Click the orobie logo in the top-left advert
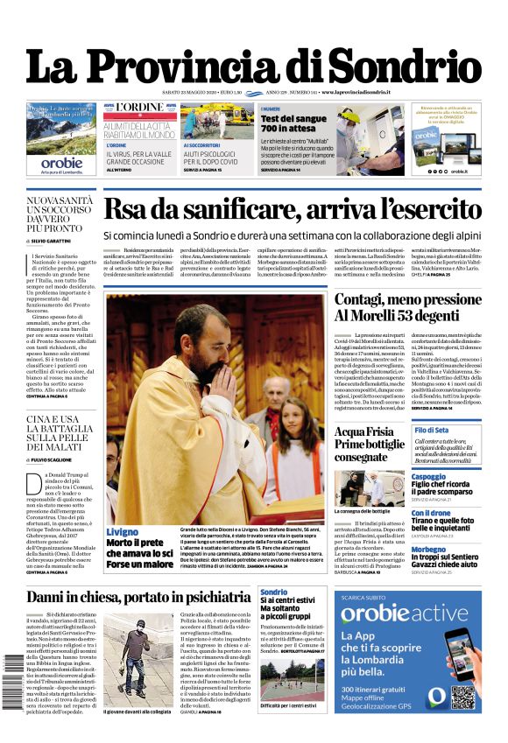pyautogui.click(x=61, y=162)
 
